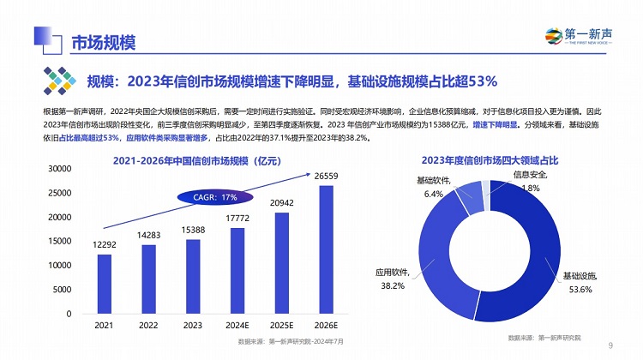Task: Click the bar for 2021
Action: pos(104,284)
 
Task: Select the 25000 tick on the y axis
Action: pos(59,193)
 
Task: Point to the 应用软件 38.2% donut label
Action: pos(392,279)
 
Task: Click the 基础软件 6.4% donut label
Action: pos(434,187)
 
